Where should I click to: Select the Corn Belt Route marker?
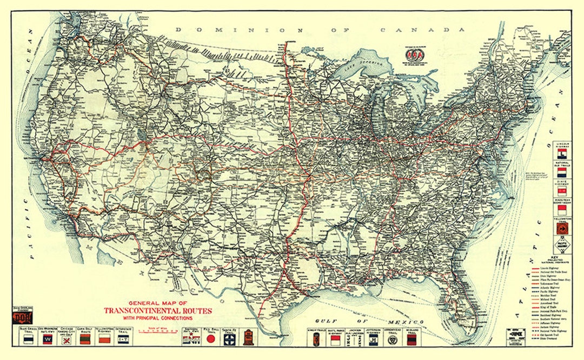[84, 339]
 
